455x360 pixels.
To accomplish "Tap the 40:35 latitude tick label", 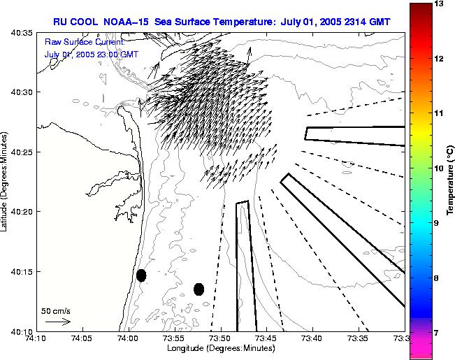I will pos(23,33).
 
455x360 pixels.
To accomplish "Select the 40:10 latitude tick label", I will pos(23,331).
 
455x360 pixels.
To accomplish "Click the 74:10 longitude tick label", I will pos(36,339).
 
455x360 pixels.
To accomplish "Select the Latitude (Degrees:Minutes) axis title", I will pos(6,181).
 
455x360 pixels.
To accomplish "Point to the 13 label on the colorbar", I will pos(440,4).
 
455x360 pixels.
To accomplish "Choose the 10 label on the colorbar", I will pos(440,168).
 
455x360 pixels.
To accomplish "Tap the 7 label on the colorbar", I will pos(440,333).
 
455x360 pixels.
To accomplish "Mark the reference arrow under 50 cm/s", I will pos(57,322).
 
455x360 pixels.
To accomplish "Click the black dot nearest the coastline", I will pos(141,275).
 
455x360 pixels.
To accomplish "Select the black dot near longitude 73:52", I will pos(198,289).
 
